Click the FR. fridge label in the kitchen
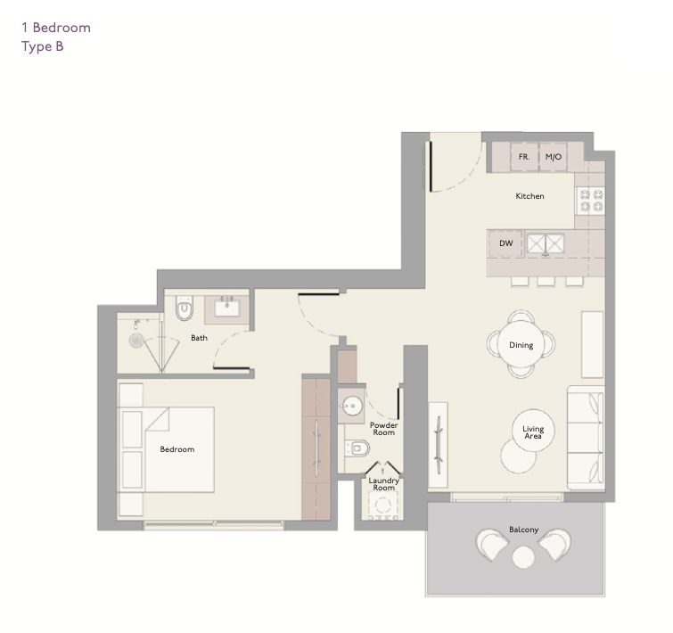pyautogui.click(x=523, y=157)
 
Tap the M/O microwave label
pyautogui.click(x=554, y=157)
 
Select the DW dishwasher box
pyautogui.click(x=506, y=243)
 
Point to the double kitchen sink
pyautogui.click(x=546, y=244)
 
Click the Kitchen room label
pyautogui.click(x=529, y=196)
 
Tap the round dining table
pyautogui.click(x=521, y=345)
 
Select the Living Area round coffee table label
pyautogui.click(x=533, y=432)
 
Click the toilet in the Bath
pyautogui.click(x=185, y=308)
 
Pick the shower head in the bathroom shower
pyautogui.click(x=136, y=341)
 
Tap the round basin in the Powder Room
pyautogui.click(x=352, y=406)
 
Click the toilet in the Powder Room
pyautogui.click(x=357, y=448)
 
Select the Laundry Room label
pyautogui.click(x=383, y=484)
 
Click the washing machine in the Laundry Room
pyautogui.click(x=382, y=506)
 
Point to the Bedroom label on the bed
pyautogui.click(x=177, y=449)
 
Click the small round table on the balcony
pyautogui.click(x=523, y=557)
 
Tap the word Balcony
pyautogui.click(x=523, y=530)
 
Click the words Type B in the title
pyautogui.click(x=43, y=46)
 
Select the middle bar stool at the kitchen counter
pyautogui.click(x=546, y=281)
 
